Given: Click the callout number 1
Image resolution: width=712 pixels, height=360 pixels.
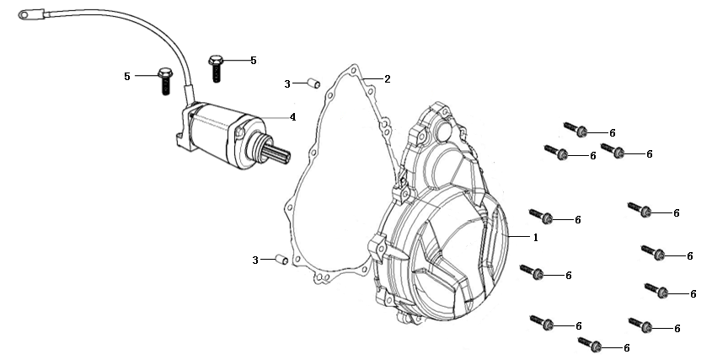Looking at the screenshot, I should pos(535,238).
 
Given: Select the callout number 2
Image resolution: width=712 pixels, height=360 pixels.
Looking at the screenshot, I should pos(387,79).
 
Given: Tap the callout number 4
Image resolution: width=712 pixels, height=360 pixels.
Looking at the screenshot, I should pos(292,117).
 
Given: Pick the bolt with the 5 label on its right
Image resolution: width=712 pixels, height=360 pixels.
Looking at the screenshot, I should pos(217,66).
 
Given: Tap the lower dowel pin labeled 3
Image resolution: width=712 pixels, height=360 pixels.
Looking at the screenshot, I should pos(282,259).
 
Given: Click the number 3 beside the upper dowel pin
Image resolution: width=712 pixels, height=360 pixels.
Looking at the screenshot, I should pos(286,83).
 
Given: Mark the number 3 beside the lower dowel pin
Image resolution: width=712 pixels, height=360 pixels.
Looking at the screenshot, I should pos(255,261).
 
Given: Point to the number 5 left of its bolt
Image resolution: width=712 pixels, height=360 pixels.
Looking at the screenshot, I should pos(127,77).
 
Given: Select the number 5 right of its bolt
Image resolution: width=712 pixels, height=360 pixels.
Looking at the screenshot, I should pos(253,61).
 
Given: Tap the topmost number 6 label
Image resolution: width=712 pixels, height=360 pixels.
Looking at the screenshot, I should pos(613,133).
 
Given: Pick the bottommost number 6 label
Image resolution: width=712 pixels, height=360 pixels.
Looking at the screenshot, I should pos(626,347).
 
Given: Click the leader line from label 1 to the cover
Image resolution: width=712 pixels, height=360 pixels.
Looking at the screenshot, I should pos(519,238).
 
